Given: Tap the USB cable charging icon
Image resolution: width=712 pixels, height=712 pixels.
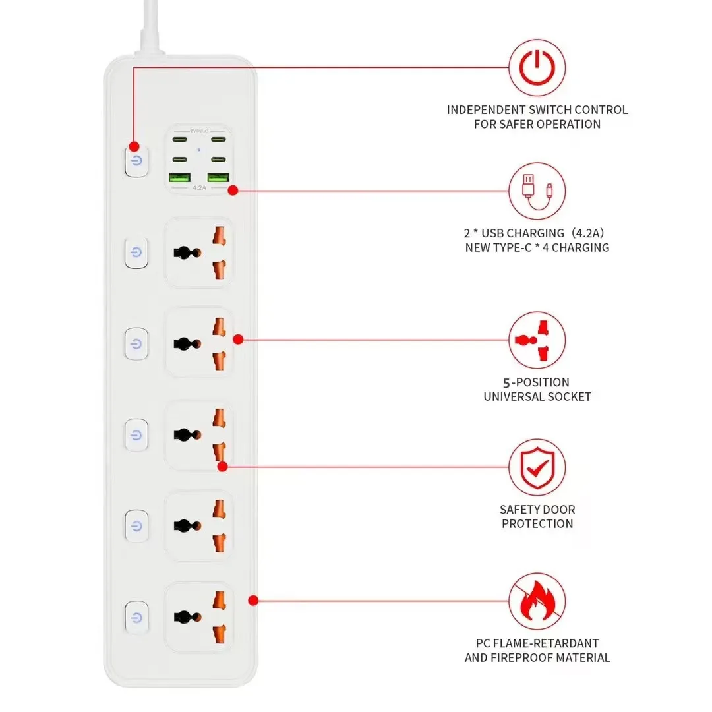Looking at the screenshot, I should [537, 191].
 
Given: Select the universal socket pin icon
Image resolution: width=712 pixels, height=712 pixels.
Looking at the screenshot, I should [537, 340].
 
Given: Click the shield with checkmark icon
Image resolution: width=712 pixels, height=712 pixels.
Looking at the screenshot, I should [537, 467].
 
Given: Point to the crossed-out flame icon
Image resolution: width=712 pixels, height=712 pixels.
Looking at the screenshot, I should [537, 601].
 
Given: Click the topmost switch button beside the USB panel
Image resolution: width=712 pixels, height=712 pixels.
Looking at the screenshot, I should [135, 161].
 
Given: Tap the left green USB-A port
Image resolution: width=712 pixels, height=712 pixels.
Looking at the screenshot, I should [180, 177].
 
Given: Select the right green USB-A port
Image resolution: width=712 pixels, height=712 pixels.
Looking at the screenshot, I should [218, 177].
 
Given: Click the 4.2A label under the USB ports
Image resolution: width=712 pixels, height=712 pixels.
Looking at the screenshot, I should [199, 188].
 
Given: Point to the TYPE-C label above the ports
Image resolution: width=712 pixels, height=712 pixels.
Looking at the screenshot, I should [199, 131].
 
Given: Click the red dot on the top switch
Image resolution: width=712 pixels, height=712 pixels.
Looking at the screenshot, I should [134, 146].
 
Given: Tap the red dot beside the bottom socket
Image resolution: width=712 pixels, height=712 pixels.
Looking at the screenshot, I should [253, 600].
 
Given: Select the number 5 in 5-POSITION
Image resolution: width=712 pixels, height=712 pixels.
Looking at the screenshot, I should [506, 382].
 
